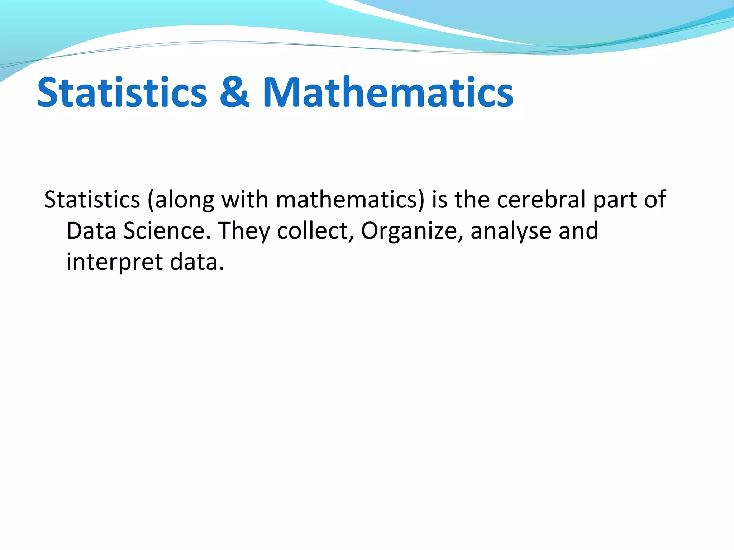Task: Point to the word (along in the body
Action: (x=181, y=200)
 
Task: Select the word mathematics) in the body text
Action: (x=350, y=200)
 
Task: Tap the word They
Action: (x=244, y=231)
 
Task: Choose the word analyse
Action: (x=511, y=231)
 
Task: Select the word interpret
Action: (x=115, y=262)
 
